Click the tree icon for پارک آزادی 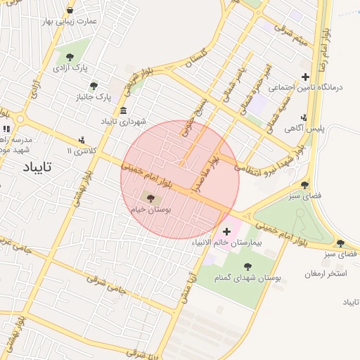tap(69, 57)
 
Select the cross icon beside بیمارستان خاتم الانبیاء tap(226, 231)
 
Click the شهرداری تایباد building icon tap(124, 111)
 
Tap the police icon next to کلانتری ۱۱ tap(83, 140)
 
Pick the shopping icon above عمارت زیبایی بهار tap(71, 11)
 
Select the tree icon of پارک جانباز tap(94, 85)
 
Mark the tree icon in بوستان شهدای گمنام tap(247, 266)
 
